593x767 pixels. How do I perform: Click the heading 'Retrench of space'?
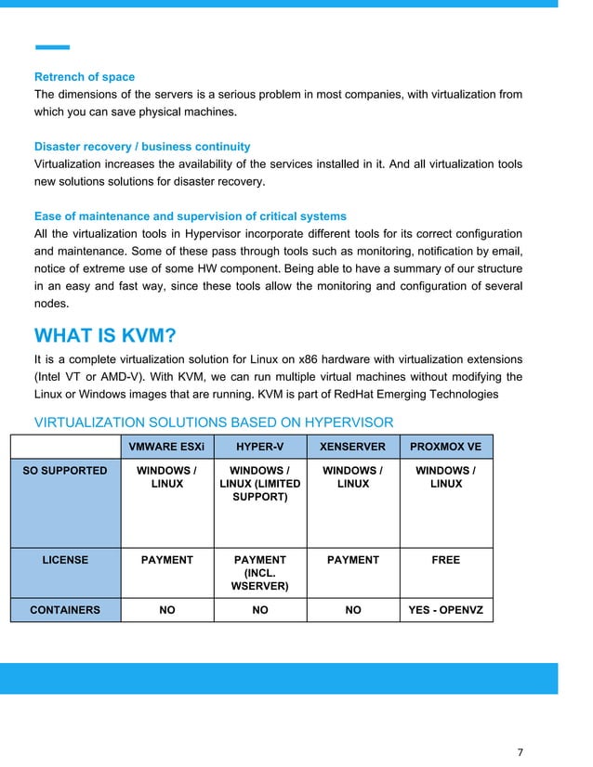point(85,77)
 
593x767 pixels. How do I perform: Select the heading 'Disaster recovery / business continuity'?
point(142,147)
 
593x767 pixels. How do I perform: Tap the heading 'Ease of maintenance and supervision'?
point(191,216)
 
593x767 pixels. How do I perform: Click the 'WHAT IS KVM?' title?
point(105,335)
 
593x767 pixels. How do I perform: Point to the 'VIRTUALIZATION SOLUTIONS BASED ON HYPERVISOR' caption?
point(214,423)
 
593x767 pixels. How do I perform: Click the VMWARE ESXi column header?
point(167,447)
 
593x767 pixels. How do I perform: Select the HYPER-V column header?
point(260,447)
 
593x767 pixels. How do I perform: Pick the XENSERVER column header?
point(353,447)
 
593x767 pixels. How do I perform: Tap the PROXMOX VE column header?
point(446,447)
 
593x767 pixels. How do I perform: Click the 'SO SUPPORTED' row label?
point(65,471)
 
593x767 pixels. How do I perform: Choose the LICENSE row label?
point(65,560)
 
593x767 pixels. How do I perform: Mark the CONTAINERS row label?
point(65,610)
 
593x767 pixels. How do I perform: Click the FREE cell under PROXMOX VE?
point(446,560)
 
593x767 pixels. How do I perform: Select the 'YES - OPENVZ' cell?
point(446,610)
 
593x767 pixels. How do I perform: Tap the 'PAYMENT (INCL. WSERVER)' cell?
point(260,573)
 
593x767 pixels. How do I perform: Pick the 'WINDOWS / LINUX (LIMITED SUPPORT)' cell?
point(260,484)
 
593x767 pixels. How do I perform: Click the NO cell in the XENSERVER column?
point(353,610)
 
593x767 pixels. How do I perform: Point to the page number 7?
point(521,751)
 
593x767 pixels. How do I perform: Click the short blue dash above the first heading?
point(52,46)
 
